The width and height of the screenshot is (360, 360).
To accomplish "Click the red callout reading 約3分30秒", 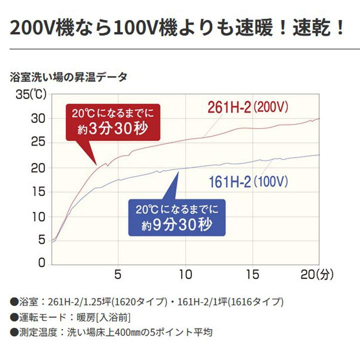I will [112, 122].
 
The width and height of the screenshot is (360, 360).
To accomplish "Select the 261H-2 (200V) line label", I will [248, 107].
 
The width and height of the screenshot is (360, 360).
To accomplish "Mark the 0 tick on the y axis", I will [41, 263].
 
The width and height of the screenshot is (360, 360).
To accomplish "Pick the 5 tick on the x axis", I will [118, 274].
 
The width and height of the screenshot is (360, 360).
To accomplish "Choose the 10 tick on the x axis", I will [186, 274].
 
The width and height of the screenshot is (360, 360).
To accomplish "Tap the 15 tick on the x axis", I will [253, 274].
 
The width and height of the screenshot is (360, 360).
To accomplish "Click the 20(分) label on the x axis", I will [317, 274].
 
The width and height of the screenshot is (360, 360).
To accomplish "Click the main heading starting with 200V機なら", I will [177, 28].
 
